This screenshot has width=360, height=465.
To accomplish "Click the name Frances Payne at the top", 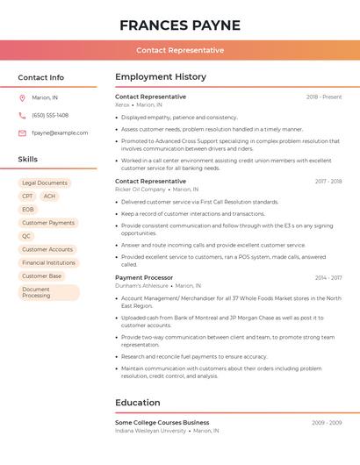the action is pos(179,25).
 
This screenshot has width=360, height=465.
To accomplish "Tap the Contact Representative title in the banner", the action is pos(180,50).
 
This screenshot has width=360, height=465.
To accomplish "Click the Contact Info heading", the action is pos(40,77).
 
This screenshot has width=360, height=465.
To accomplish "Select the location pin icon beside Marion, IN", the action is pos(22,97).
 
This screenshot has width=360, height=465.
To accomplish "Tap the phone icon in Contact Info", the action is pos(22,115).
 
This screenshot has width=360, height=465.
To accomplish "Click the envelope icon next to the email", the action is pos(22,132).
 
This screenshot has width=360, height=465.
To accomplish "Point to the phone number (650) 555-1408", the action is pos(50,115).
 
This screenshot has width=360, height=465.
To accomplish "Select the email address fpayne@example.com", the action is pos(60,132).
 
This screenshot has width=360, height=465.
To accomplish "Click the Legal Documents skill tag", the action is pos(45,182).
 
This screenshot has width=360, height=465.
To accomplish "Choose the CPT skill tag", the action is pos(27,197).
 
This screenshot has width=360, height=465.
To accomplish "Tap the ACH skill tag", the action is pos(49,197).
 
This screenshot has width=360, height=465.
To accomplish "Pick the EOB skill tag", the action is pos(28,210).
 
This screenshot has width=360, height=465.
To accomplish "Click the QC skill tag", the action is pos(26,236).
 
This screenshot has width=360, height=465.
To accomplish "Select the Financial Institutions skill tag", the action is pos(48,262).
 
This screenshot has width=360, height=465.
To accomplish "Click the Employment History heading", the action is pos(161,76).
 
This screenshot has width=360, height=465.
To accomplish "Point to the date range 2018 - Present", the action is pos(324,97).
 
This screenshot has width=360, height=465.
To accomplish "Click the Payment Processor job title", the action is pos(144,277).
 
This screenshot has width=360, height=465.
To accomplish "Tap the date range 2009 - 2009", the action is pos(327,423).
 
